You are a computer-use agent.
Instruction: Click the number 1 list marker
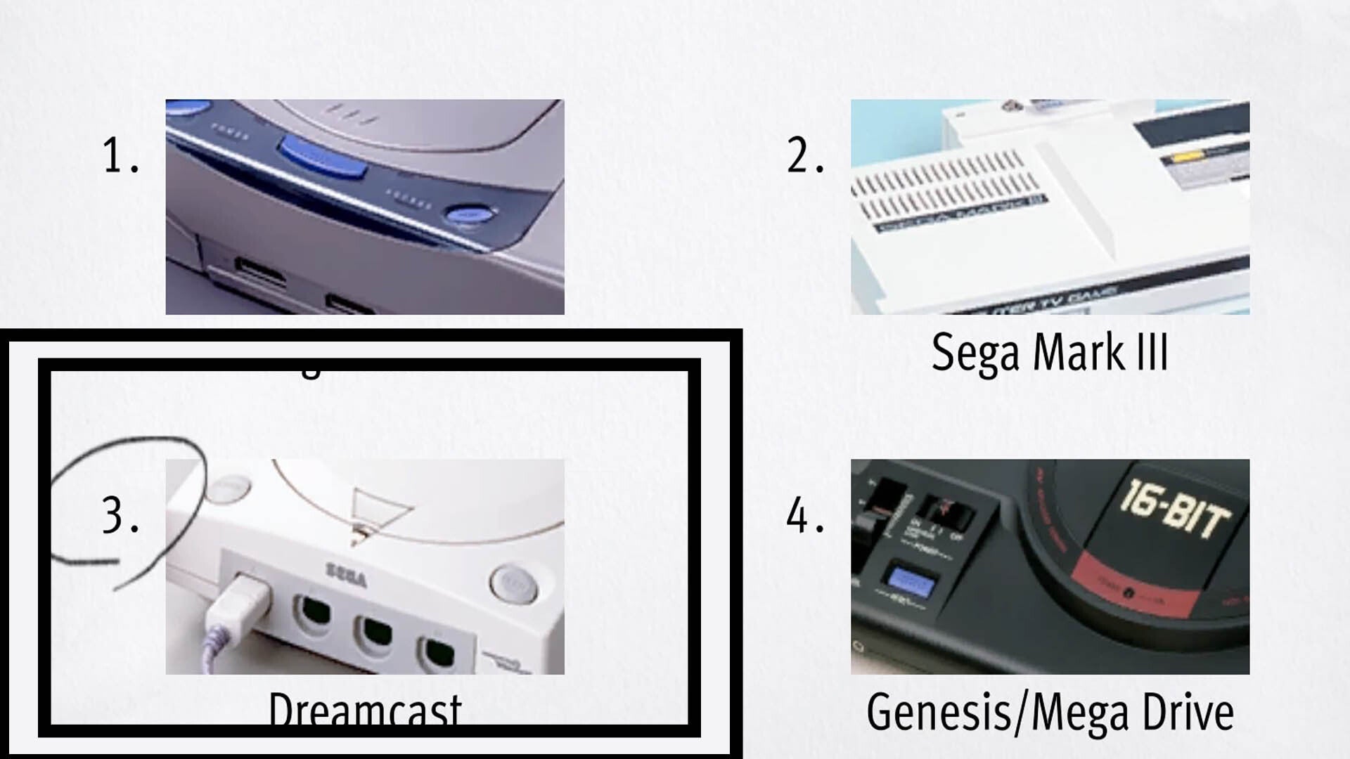pos(120,155)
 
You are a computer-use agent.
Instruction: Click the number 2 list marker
pos(804,155)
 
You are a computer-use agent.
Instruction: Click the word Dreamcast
pos(364,710)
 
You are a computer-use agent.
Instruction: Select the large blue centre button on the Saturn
pos(322,156)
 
